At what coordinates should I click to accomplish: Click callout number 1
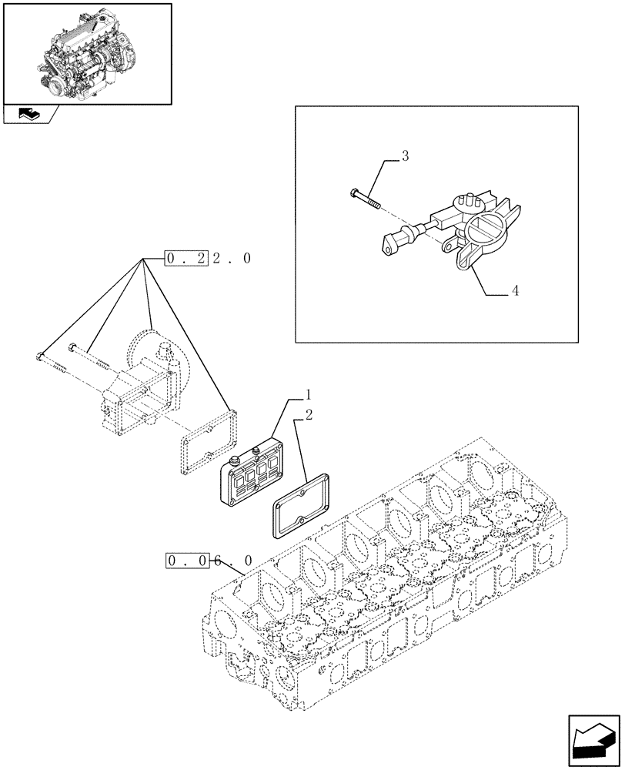click(x=308, y=395)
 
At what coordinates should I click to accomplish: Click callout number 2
click(x=308, y=416)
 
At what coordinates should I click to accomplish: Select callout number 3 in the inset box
click(x=405, y=156)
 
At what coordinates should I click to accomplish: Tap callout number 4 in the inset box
click(x=515, y=291)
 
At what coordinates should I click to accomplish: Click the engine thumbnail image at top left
click(x=87, y=52)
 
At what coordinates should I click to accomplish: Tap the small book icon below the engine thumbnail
click(x=29, y=114)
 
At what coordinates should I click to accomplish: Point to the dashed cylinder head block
click(x=385, y=585)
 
